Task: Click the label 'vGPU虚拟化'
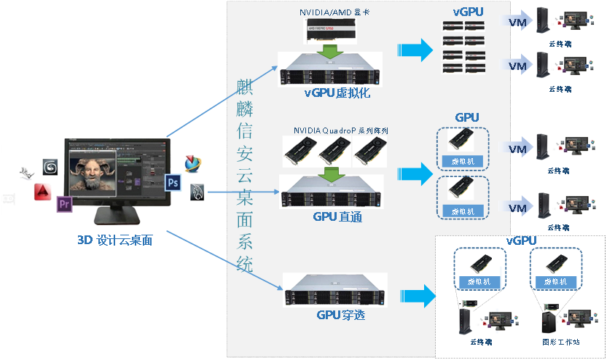click(337, 93)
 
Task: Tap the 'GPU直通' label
click(337, 216)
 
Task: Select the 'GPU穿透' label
click(340, 316)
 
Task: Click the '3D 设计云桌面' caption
click(115, 240)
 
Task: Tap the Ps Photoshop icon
click(173, 181)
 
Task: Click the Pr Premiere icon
click(65, 203)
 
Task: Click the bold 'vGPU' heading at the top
click(468, 12)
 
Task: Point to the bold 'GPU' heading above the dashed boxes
click(466, 117)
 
